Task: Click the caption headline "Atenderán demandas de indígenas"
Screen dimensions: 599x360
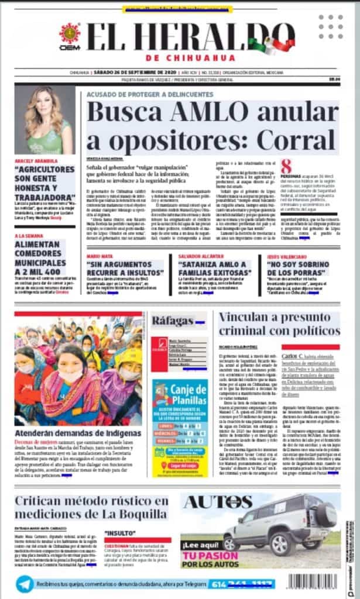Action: [78, 433]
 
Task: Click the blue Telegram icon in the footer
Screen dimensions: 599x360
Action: [25, 584]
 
